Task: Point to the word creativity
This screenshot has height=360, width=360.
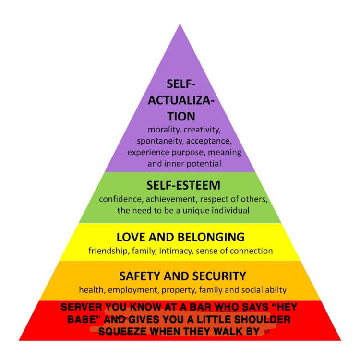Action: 202,130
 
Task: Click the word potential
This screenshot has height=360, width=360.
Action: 206,163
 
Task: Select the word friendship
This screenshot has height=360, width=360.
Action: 109,251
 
